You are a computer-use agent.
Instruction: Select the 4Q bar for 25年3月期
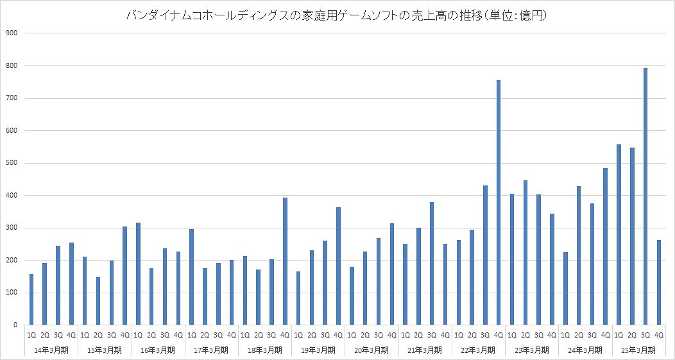(659, 282)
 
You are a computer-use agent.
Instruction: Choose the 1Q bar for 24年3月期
(565, 289)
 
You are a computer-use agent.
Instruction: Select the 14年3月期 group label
(51, 350)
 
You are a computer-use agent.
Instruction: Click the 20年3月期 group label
(372, 350)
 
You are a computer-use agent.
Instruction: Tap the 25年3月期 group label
(638, 350)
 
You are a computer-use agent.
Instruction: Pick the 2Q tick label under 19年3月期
(312, 335)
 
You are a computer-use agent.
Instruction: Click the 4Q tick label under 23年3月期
(552, 335)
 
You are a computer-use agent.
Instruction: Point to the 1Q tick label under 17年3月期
(191, 335)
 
